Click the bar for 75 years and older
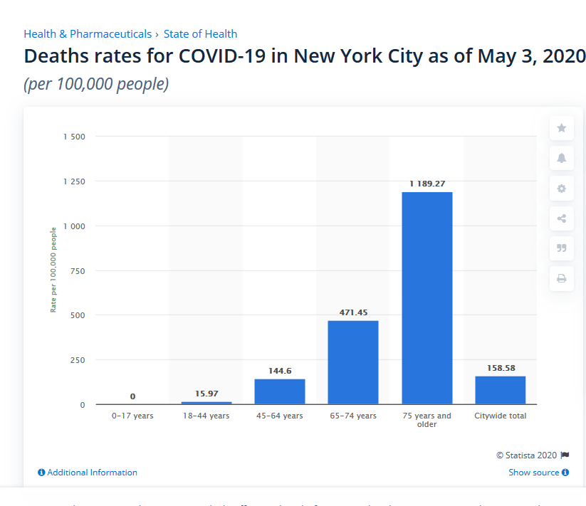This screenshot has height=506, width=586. click(427, 298)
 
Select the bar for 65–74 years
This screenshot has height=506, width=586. click(353, 362)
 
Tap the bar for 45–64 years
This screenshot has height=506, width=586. click(280, 391)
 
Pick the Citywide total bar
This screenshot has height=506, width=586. click(500, 390)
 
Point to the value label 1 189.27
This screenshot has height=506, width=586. click(427, 184)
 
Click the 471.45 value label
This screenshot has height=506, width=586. click(353, 312)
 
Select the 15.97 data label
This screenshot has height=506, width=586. click(206, 394)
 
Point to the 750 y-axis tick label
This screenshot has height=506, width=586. click(78, 270)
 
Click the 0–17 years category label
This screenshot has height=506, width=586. click(132, 416)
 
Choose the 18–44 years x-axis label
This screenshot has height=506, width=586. click(206, 416)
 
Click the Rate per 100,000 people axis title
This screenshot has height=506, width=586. click(53, 270)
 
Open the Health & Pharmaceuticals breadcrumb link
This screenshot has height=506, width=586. click(88, 34)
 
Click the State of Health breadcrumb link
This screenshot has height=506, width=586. click(200, 34)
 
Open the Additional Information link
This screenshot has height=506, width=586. click(88, 473)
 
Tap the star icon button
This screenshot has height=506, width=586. click(561, 128)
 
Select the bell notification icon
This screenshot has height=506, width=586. click(561, 158)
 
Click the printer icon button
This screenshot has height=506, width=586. click(561, 278)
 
